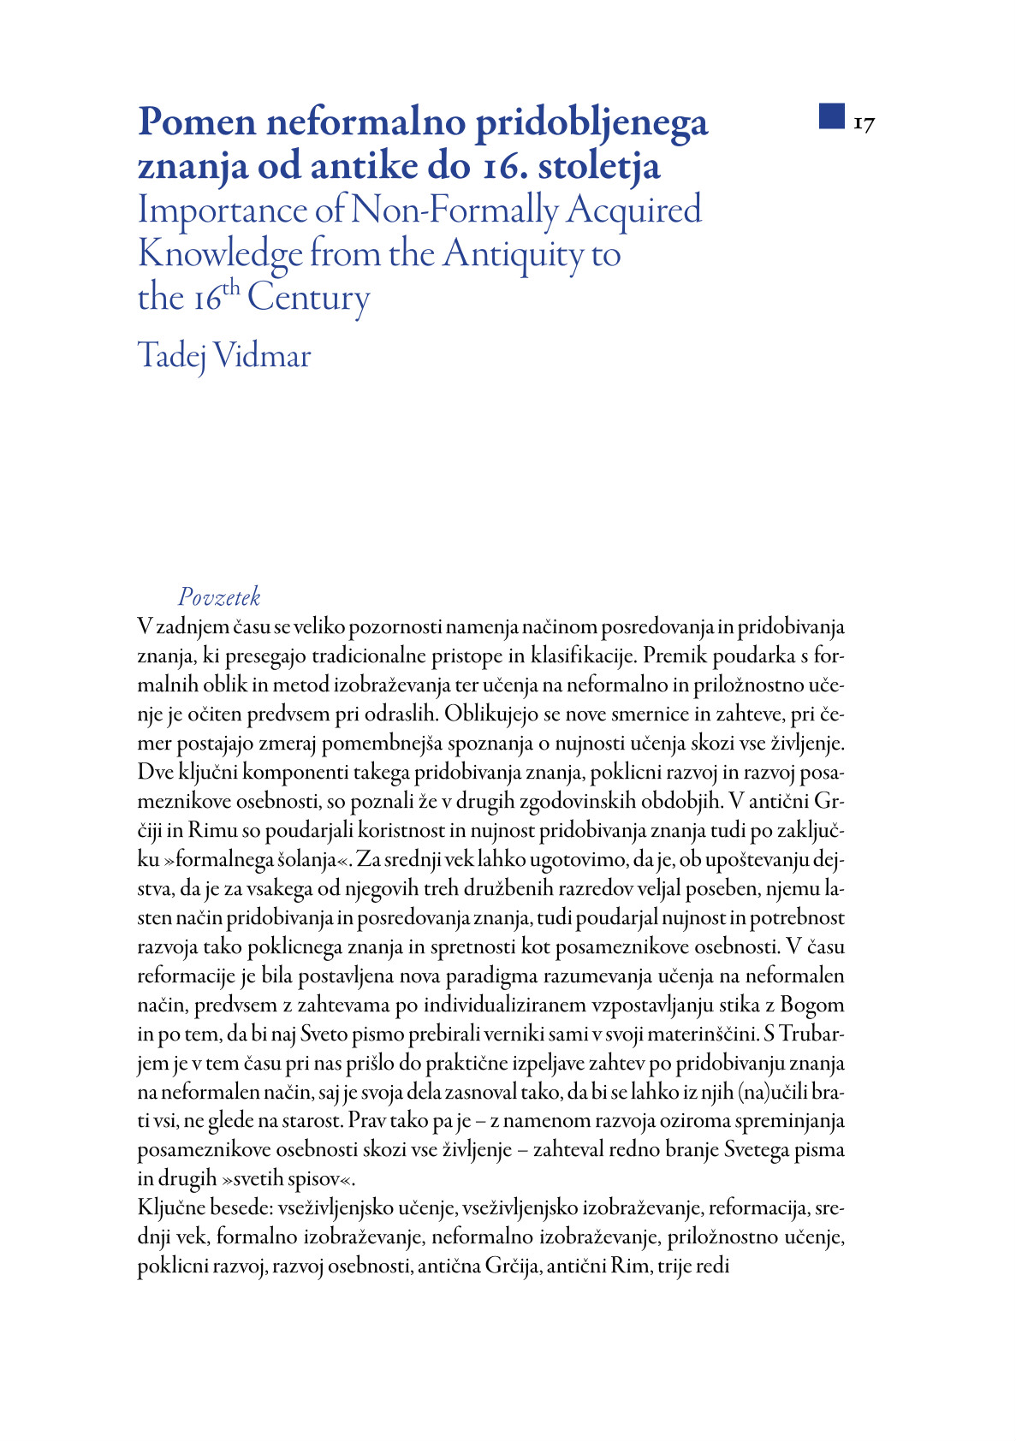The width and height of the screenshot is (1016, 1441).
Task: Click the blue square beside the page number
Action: coord(831,116)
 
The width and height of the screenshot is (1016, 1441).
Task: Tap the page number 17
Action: coord(864,124)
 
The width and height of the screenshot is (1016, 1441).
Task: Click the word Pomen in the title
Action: coord(197,122)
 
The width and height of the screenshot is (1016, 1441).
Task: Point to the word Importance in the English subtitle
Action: coord(221,211)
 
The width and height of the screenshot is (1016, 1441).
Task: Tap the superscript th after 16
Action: coord(232,288)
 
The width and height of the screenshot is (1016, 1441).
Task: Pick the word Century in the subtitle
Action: coord(309,299)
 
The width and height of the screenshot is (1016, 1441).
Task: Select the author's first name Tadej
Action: coord(171,356)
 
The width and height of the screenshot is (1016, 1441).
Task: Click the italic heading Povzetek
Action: coord(219,597)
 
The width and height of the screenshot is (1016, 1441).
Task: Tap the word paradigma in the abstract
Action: coord(490,975)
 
